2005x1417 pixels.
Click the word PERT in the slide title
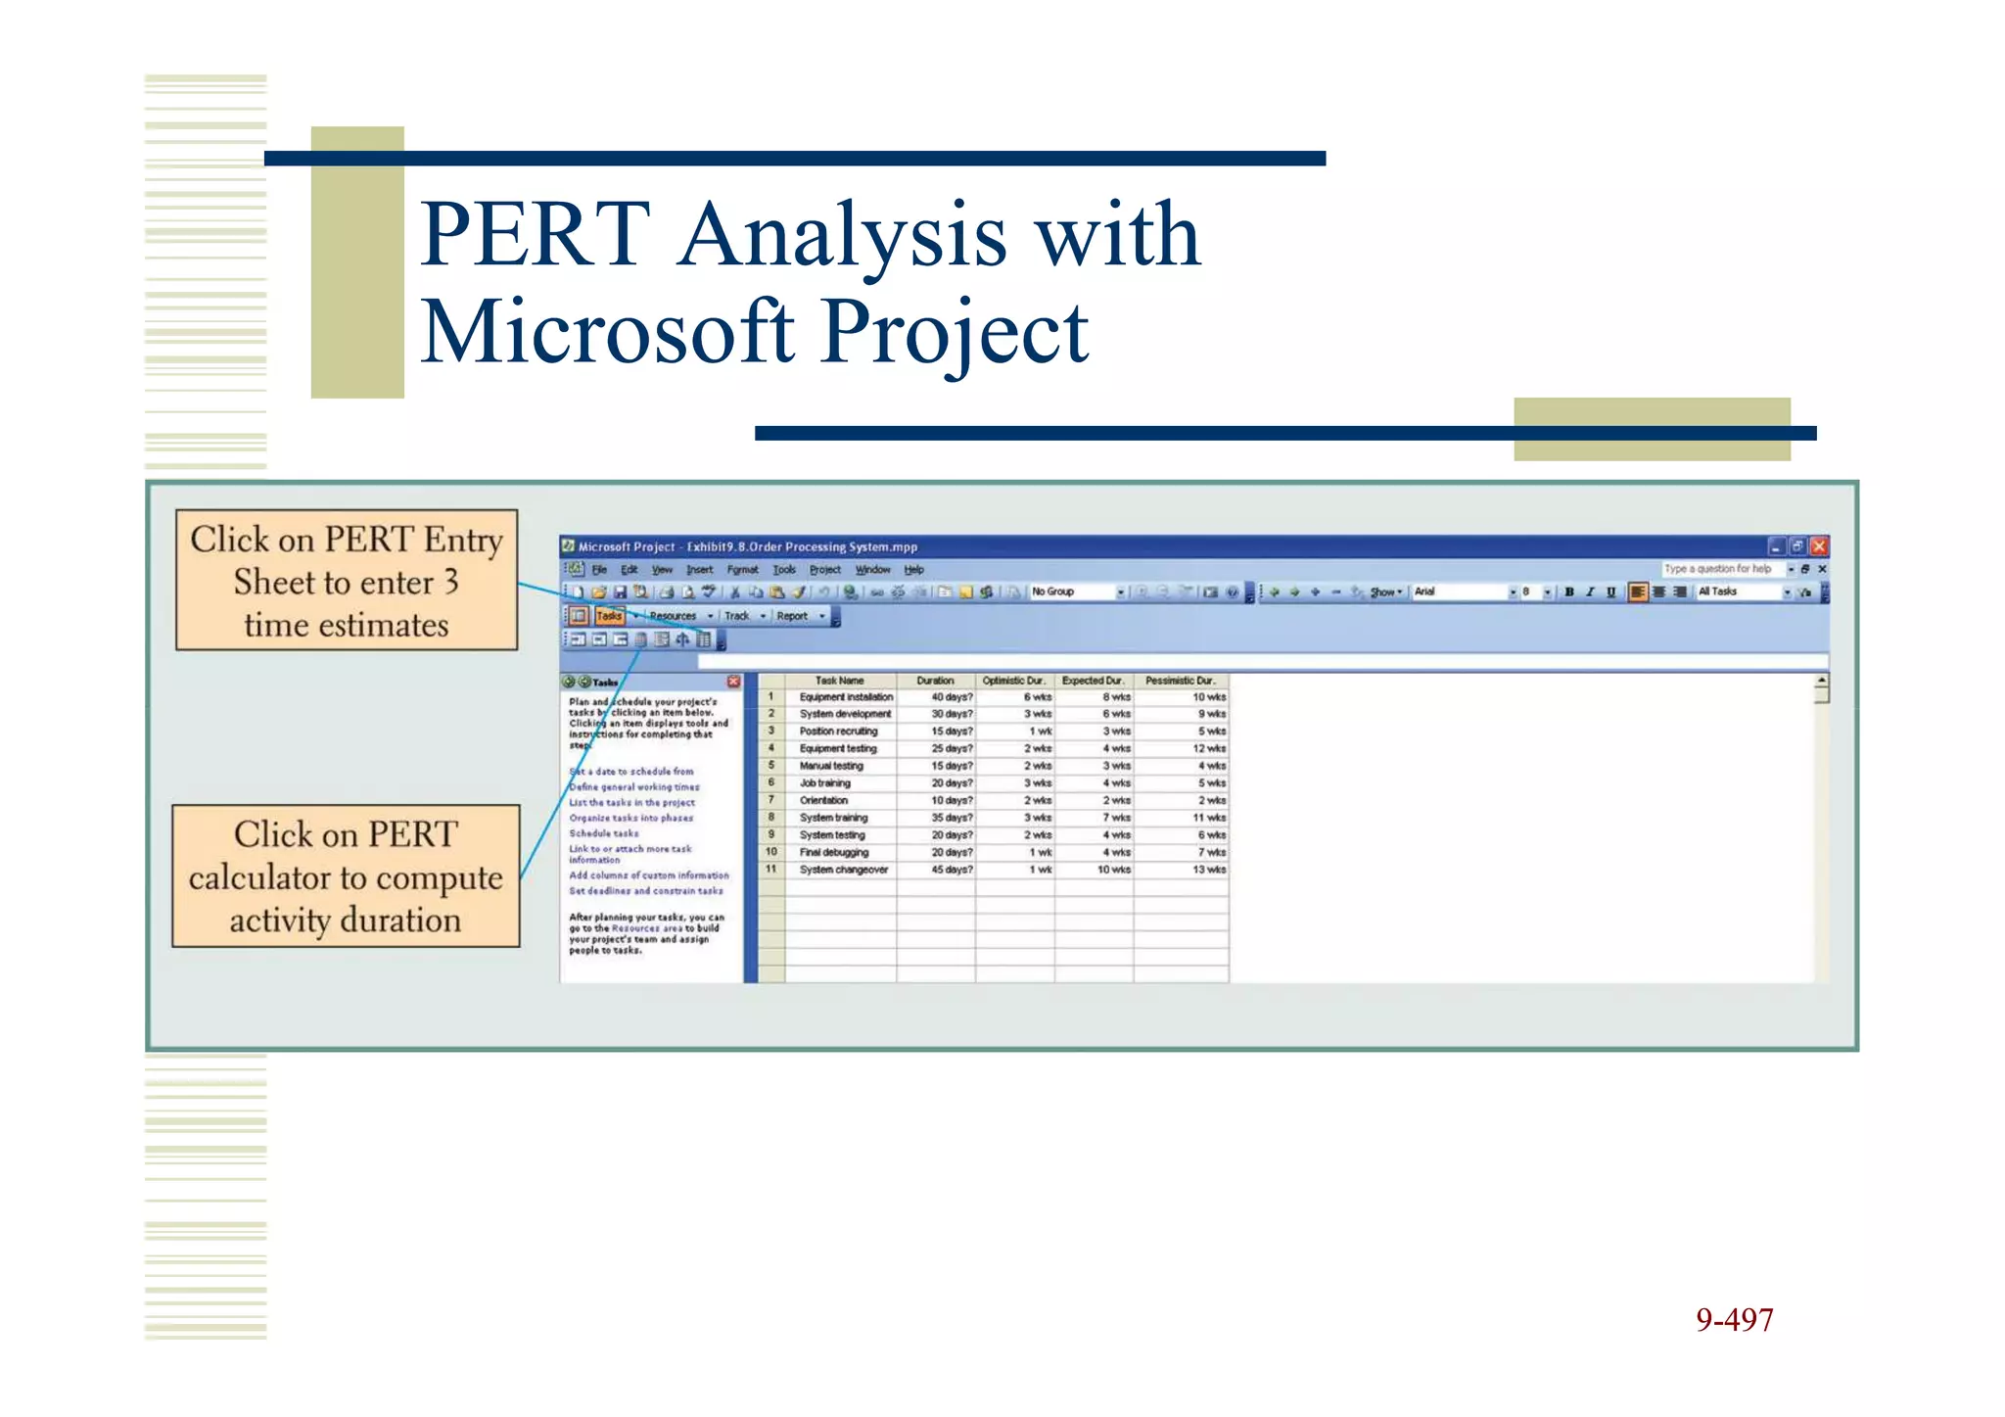(x=536, y=235)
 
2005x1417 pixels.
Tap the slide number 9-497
(x=1734, y=1320)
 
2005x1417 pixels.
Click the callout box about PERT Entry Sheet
(x=347, y=581)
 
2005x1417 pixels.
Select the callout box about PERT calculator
(x=346, y=876)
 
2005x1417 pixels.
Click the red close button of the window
(x=1819, y=546)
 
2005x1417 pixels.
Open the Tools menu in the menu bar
(x=784, y=569)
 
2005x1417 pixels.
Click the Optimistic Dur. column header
(x=1013, y=681)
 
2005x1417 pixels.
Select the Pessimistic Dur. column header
(x=1180, y=681)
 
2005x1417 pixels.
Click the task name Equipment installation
(x=846, y=697)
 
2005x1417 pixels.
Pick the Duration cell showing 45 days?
(x=952, y=870)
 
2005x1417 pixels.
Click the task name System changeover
(x=843, y=870)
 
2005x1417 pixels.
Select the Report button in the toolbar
(x=792, y=616)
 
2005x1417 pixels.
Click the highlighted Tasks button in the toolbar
(x=609, y=616)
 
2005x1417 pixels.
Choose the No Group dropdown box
(x=1074, y=591)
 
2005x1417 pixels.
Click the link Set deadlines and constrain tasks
(x=646, y=891)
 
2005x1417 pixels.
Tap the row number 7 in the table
(x=771, y=800)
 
